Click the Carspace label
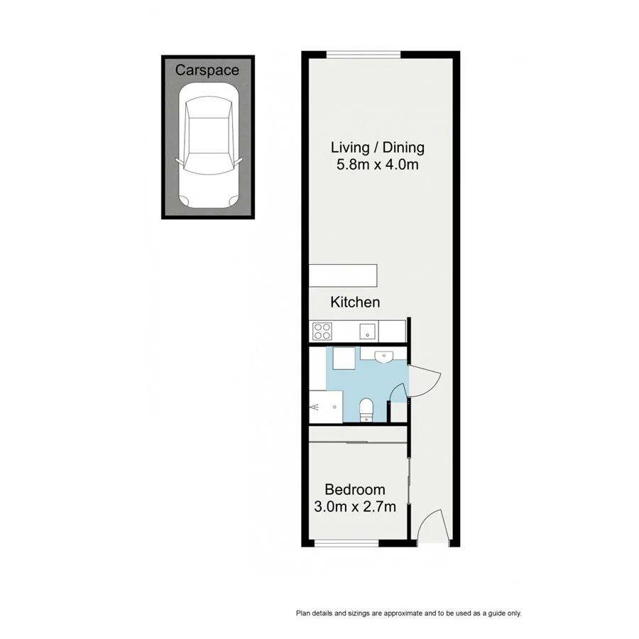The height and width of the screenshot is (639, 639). pyautogui.click(x=207, y=70)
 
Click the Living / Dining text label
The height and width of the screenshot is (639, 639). pyautogui.click(x=378, y=148)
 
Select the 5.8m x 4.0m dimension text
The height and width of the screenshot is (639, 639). pyautogui.click(x=378, y=165)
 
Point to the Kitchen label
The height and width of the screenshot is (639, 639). pyautogui.click(x=355, y=302)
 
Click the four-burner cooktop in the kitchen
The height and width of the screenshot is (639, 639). pyautogui.click(x=322, y=330)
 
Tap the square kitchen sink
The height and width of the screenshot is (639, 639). pyautogui.click(x=368, y=329)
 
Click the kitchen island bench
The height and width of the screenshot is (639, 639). pyautogui.click(x=344, y=274)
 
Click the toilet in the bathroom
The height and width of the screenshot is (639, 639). pyautogui.click(x=366, y=408)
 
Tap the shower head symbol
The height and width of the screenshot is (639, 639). pyautogui.click(x=315, y=408)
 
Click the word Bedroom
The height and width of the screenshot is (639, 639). pyautogui.click(x=354, y=489)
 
